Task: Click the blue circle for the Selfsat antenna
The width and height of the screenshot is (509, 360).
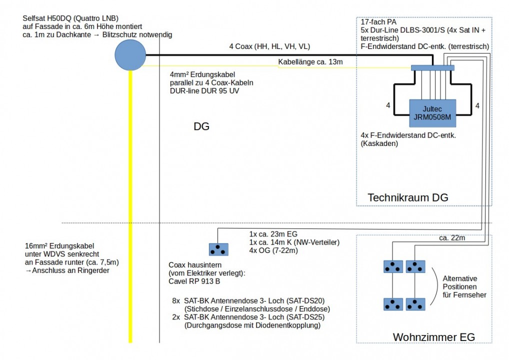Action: tap(130, 54)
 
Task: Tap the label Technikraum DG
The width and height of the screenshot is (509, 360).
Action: tap(407, 198)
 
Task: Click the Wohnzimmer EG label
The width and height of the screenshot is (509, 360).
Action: tap(433, 336)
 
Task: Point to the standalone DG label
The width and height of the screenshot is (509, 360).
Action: tap(201, 127)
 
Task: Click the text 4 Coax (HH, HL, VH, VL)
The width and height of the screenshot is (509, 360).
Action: tap(269, 47)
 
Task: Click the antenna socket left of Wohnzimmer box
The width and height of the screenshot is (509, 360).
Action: tap(218, 249)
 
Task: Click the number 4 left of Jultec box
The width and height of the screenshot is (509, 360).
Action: tap(388, 106)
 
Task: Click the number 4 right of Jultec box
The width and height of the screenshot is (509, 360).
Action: tap(477, 106)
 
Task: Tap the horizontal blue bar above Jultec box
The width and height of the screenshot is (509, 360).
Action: tap(432, 68)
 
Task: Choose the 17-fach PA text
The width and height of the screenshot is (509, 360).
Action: tap(379, 22)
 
